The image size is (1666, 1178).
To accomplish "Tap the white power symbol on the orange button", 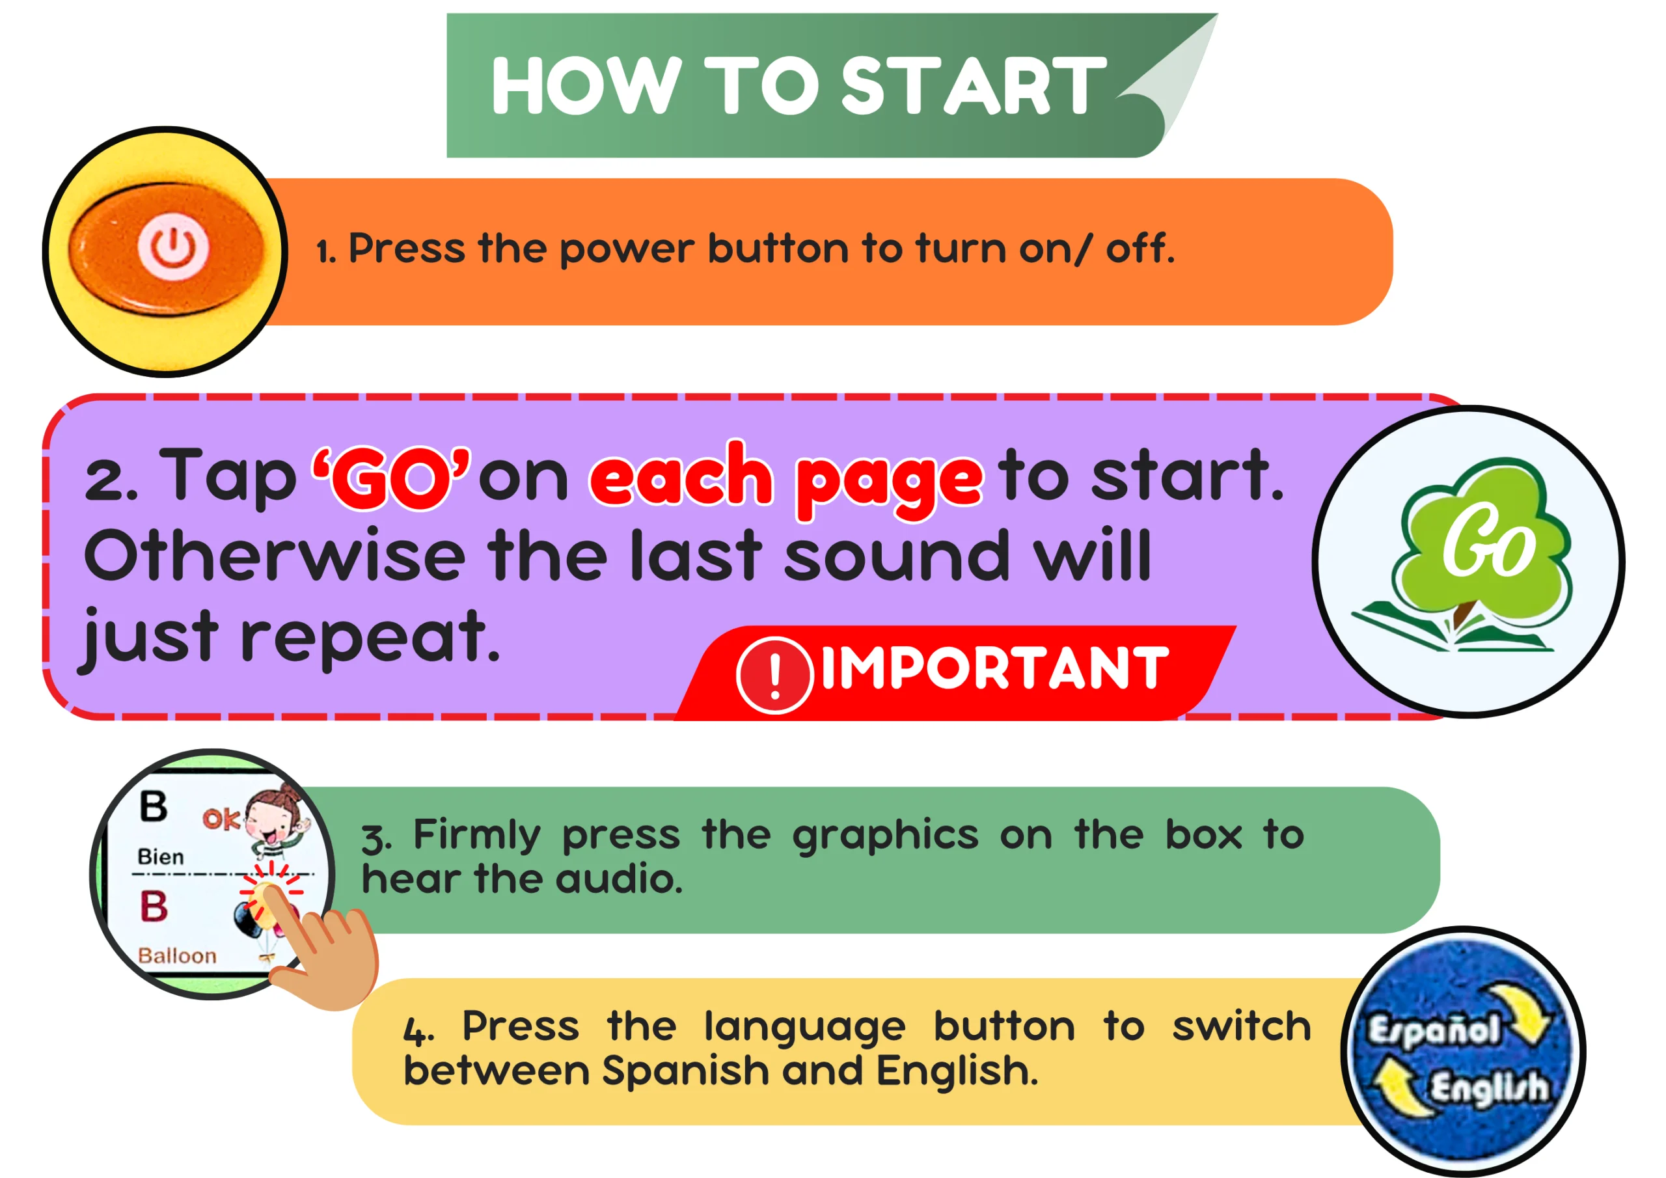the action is click(173, 246).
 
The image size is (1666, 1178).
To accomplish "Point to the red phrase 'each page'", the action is click(787, 479).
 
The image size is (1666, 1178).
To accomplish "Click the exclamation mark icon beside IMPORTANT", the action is click(774, 675).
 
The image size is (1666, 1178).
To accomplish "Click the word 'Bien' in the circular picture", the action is click(160, 857).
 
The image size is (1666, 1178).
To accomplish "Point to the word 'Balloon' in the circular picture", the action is click(177, 955).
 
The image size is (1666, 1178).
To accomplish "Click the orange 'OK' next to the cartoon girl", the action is click(221, 819).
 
